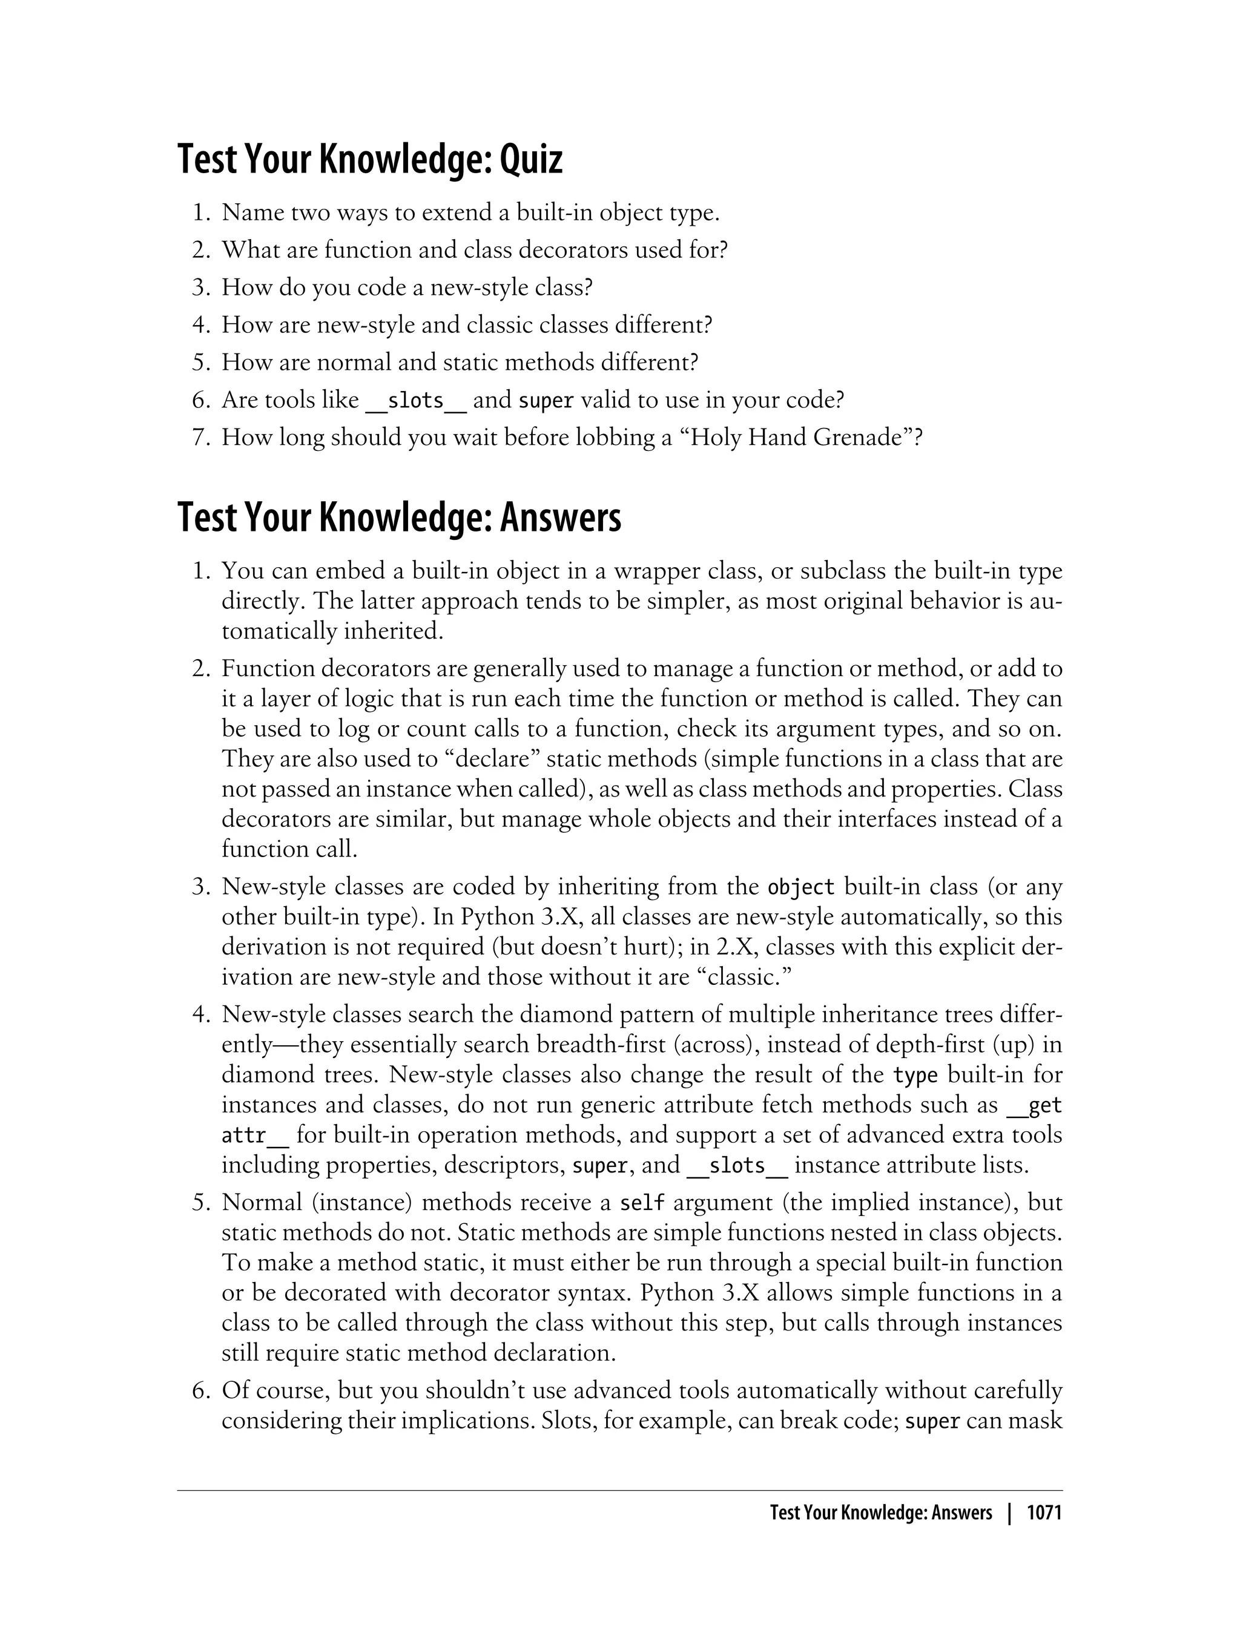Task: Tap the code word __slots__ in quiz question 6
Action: coord(415,401)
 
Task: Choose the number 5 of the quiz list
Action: coord(200,363)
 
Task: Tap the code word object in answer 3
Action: coord(801,886)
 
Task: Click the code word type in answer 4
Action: coord(915,1075)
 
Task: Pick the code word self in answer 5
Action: coord(642,1203)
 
